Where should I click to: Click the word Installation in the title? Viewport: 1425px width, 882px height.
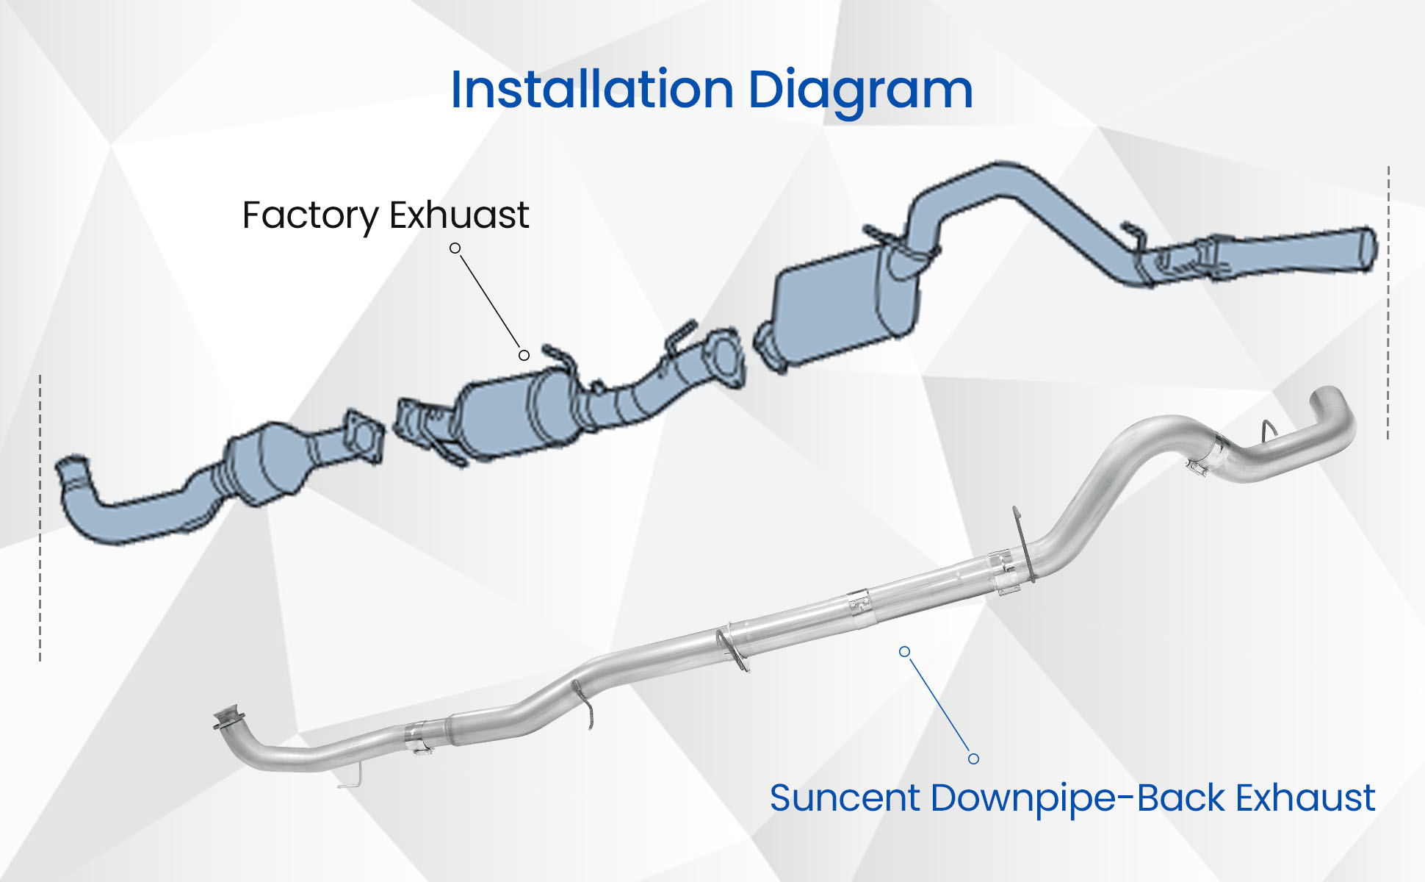[592, 90]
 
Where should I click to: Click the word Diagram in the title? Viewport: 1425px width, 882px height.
[860, 91]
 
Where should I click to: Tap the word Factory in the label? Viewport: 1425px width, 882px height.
[310, 215]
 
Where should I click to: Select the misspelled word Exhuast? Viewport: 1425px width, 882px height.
[459, 215]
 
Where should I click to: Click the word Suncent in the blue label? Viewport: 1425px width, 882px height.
[844, 798]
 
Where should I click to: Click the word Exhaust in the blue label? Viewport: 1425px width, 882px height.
[1305, 798]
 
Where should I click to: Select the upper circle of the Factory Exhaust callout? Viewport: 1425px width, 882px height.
[455, 248]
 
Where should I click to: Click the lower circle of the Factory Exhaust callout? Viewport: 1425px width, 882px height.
[524, 356]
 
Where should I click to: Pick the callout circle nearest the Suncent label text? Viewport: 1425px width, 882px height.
[973, 759]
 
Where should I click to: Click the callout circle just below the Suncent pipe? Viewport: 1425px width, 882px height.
[905, 652]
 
